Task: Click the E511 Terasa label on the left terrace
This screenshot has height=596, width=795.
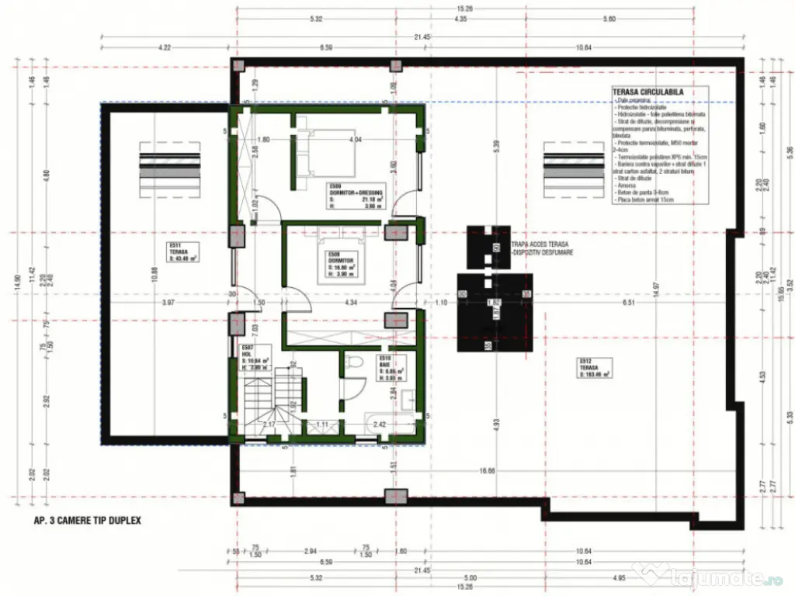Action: pos(181,252)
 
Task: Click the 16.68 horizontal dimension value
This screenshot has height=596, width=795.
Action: pos(488,470)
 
